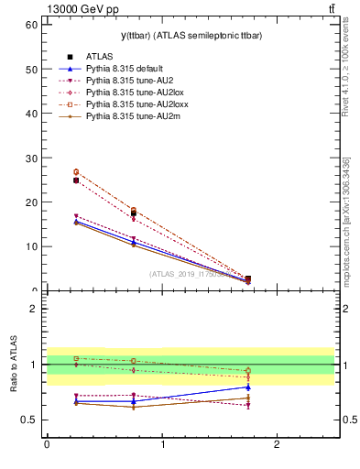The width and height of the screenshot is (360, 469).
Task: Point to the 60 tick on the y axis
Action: point(30,24)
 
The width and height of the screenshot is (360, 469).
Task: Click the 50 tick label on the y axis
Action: point(30,69)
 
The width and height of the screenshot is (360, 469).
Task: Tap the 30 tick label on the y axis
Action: point(30,158)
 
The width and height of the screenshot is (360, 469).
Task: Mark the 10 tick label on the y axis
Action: point(30,246)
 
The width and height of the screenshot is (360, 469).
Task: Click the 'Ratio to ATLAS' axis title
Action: point(14,364)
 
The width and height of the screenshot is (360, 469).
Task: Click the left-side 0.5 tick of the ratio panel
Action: point(29,420)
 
